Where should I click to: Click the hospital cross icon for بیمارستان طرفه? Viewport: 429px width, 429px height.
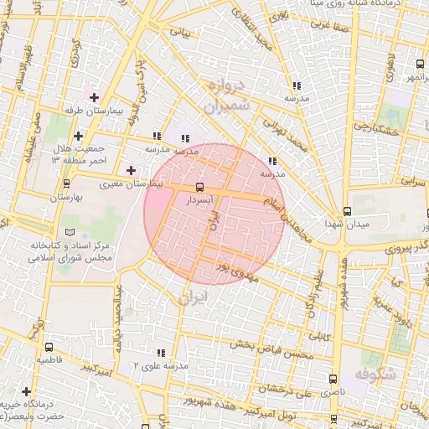click(x=94, y=97)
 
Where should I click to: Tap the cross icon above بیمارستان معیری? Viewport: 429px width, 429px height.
click(x=131, y=170)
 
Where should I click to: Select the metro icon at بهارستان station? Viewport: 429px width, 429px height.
click(x=66, y=183)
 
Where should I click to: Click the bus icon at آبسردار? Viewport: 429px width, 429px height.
click(x=199, y=187)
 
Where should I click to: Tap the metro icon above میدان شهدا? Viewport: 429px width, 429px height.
click(x=347, y=212)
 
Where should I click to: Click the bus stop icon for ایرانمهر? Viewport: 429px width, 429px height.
click(x=420, y=64)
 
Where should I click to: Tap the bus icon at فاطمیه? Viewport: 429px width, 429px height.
click(x=47, y=345)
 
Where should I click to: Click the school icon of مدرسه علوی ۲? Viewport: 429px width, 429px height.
click(x=160, y=353)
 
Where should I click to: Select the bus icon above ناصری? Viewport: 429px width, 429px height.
click(x=334, y=379)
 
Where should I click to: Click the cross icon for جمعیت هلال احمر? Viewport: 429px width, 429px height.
click(x=78, y=136)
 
